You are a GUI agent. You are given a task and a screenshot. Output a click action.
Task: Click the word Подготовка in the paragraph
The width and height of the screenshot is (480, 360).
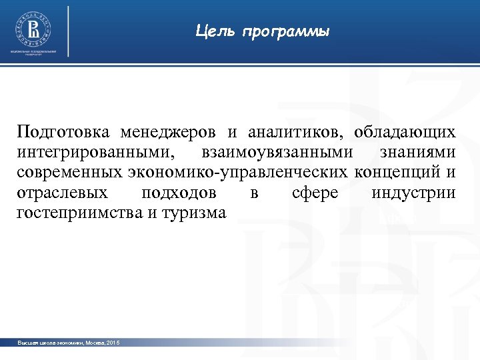pyautogui.click(x=63, y=132)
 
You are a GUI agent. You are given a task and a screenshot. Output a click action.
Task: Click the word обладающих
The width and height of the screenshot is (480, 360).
pyautogui.click(x=405, y=132)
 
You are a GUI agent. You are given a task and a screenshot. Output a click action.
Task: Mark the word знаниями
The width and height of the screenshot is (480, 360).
pyautogui.click(x=418, y=153)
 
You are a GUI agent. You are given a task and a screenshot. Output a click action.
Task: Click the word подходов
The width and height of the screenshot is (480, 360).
pyautogui.click(x=179, y=193)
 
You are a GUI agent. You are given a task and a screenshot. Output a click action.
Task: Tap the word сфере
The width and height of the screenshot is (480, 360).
pyautogui.click(x=315, y=193)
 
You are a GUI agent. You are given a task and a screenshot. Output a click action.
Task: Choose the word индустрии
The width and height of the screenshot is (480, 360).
pyautogui.click(x=414, y=193)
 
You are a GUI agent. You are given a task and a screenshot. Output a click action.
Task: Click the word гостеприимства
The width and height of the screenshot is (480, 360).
pyautogui.click(x=76, y=213)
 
